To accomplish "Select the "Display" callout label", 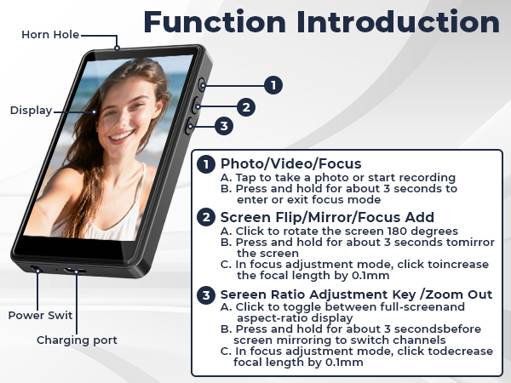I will [31, 110].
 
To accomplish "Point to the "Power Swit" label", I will [40, 315].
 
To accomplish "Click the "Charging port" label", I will [77, 340].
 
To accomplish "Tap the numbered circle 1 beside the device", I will [272, 84].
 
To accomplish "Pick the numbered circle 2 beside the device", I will [246, 107].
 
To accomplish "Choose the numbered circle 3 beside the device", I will [223, 126].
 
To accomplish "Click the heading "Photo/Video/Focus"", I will [290, 163].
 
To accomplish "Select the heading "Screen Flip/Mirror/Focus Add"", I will [327, 217].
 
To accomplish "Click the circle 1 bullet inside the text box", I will [206, 164].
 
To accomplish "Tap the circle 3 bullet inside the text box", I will [206, 294].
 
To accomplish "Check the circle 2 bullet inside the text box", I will [206, 217].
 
